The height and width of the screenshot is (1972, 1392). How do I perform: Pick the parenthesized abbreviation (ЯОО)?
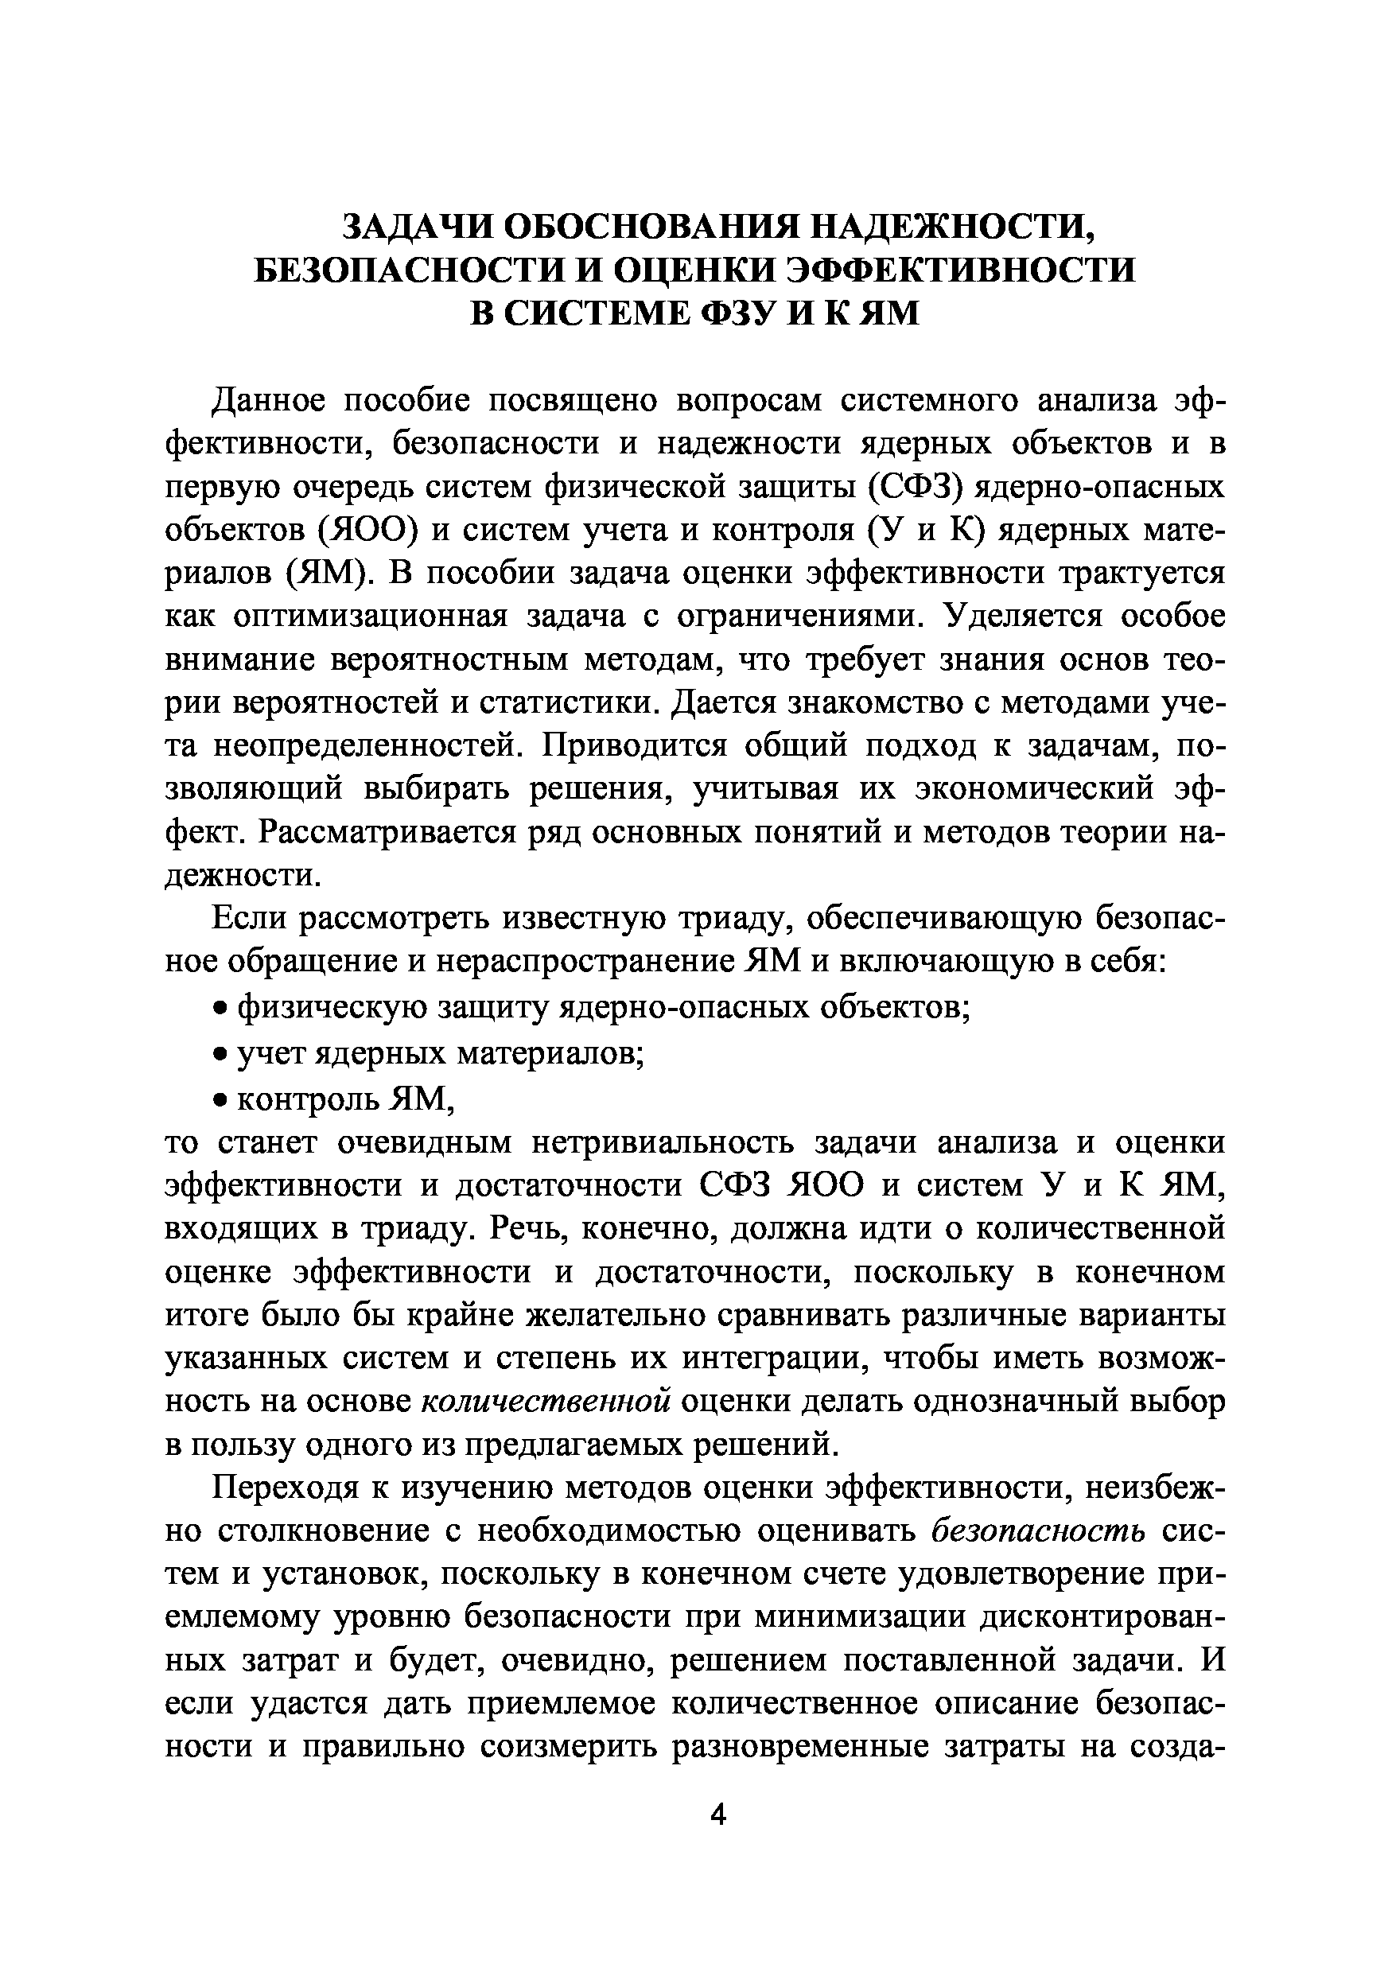367,531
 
